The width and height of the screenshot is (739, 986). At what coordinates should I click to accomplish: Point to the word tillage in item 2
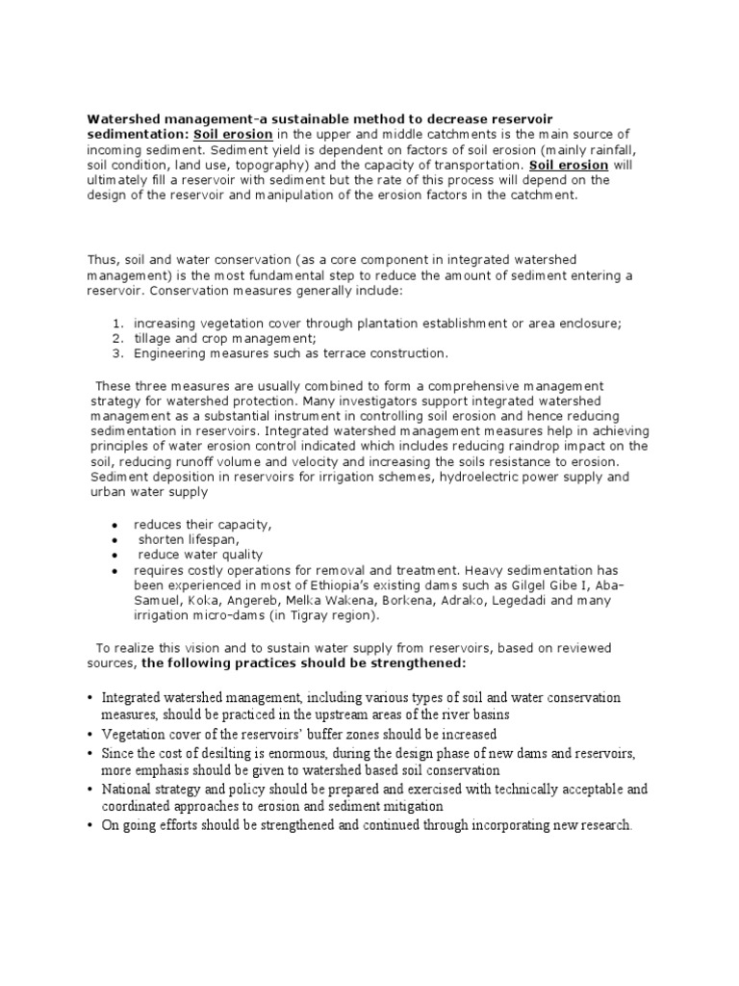[x=154, y=339]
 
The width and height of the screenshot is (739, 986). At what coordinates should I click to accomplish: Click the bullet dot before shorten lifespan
[x=115, y=540]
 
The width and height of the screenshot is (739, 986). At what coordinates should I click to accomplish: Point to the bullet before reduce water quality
[x=115, y=556]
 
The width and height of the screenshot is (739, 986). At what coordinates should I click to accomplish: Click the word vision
[x=200, y=648]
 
